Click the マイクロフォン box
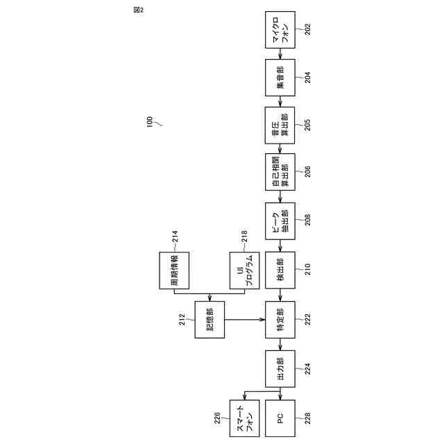[x=280, y=30]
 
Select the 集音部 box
[x=280, y=78]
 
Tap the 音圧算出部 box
[x=280, y=126]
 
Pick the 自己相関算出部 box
[x=280, y=173]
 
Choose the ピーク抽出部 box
[x=280, y=221]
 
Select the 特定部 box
[x=280, y=320]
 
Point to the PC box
[x=280, y=418]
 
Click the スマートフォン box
[x=244, y=418]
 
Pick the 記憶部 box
[x=210, y=320]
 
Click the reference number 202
[x=307, y=30]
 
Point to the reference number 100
[x=148, y=122]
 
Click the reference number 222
[x=307, y=320]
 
